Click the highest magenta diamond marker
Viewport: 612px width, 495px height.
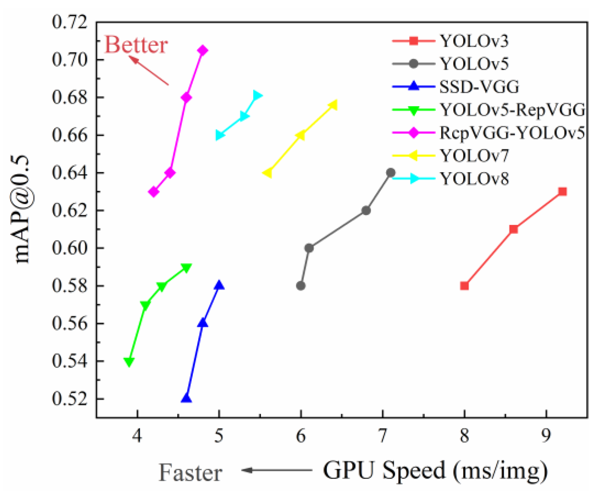coord(203,50)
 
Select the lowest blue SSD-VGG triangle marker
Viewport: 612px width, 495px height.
coord(187,398)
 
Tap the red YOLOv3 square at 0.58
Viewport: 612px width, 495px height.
coord(464,286)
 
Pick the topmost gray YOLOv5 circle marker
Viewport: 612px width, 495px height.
coord(391,173)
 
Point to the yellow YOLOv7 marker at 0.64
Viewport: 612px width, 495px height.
coord(267,173)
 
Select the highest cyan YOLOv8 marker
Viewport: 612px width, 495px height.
coord(258,96)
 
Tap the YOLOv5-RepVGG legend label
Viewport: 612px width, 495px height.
coord(512,110)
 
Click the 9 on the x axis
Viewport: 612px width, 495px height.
coord(546,436)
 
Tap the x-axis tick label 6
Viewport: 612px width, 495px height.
coord(300,436)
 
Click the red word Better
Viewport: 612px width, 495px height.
coord(136,45)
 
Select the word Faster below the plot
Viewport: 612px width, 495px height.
coord(190,473)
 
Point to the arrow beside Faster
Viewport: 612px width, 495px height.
coord(276,470)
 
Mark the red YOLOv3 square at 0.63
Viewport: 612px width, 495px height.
coord(562,192)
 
